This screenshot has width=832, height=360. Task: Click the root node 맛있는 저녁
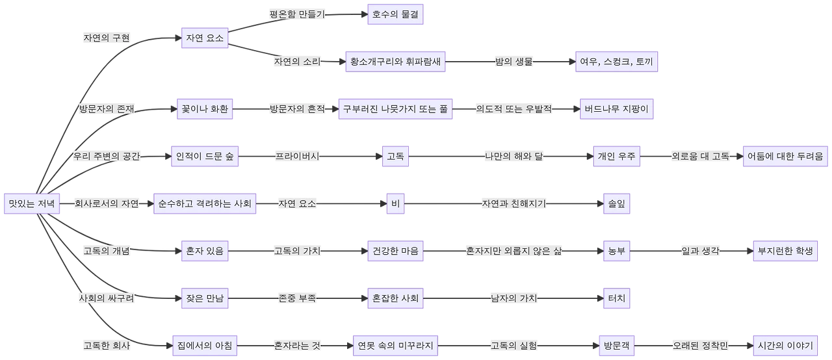coord(32,203)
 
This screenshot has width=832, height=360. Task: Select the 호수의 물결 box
coord(395,14)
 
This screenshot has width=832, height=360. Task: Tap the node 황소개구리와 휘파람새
coord(395,62)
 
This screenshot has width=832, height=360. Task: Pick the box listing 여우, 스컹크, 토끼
coord(616,62)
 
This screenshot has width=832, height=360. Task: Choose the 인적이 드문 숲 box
coord(205,157)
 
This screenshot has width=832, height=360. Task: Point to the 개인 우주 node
coord(617,157)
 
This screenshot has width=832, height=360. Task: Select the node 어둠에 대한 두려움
coord(784,157)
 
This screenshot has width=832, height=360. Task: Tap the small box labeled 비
coord(395,203)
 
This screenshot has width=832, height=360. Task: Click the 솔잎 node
coord(616,203)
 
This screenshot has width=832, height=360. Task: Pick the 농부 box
coord(616,250)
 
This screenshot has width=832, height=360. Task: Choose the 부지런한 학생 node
coord(785,250)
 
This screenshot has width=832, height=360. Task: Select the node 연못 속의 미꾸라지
coord(395,345)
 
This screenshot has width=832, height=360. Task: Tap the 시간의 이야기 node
coord(785,345)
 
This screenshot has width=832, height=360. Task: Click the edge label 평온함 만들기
coord(298,14)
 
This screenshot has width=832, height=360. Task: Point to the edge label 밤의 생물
coord(513,62)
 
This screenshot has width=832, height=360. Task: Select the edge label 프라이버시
coord(296,157)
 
